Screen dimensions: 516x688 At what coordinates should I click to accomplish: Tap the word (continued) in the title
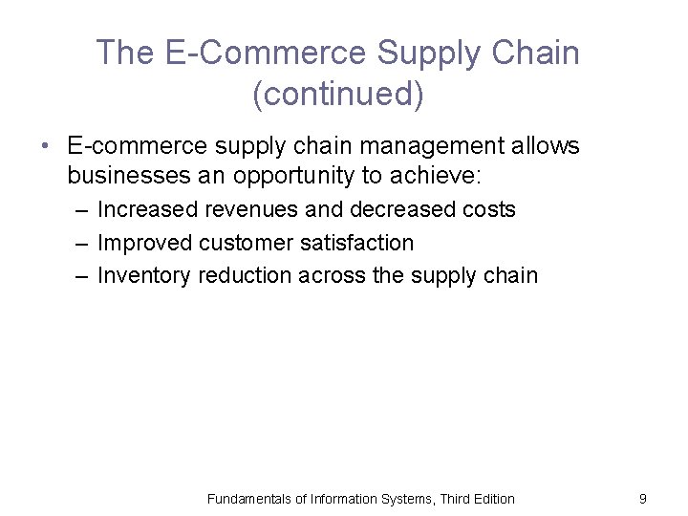pyautogui.click(x=337, y=96)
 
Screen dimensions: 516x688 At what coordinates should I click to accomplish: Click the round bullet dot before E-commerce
pyautogui.click(x=44, y=147)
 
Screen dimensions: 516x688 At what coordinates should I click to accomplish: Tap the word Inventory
pyautogui.click(x=144, y=276)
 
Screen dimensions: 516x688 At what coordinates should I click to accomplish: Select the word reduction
pyautogui.click(x=246, y=276)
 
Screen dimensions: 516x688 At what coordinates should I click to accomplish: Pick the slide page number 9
pyautogui.click(x=643, y=498)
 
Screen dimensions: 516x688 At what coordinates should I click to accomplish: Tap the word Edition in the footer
pyautogui.click(x=491, y=498)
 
